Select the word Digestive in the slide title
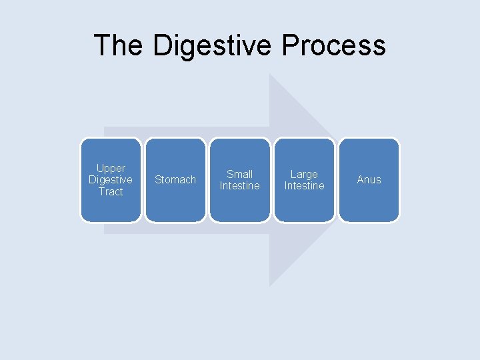[x=212, y=45]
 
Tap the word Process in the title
[x=334, y=45]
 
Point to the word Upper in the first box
[x=111, y=169]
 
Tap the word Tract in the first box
[x=111, y=191]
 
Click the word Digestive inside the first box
[x=111, y=180]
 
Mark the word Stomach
[x=175, y=180]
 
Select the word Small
[x=240, y=174]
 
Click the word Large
[x=304, y=174]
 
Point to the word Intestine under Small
[x=240, y=186]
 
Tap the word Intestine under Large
[x=304, y=186]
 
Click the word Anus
[x=369, y=180]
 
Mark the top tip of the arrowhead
[x=270, y=75]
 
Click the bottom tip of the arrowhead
[x=270, y=285]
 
